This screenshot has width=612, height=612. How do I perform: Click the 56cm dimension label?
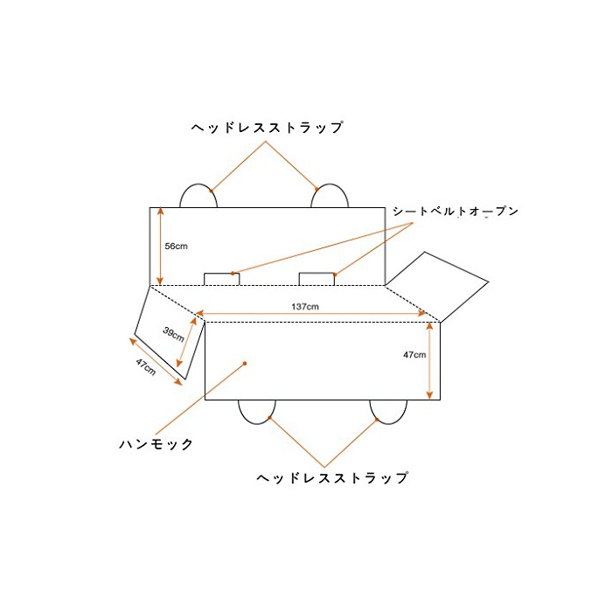(176, 247)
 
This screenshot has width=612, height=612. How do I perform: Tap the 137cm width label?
(305, 307)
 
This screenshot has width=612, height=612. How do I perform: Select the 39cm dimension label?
(173, 334)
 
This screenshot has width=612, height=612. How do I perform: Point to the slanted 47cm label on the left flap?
(146, 367)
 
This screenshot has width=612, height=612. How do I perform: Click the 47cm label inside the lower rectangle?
(414, 355)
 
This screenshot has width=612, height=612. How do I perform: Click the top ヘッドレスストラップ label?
(268, 128)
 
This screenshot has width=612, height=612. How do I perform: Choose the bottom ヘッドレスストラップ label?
(332, 477)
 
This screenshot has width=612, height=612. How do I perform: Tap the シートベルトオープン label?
(456, 212)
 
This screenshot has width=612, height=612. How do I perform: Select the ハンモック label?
(156, 444)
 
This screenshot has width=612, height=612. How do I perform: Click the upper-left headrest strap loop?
(198, 184)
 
